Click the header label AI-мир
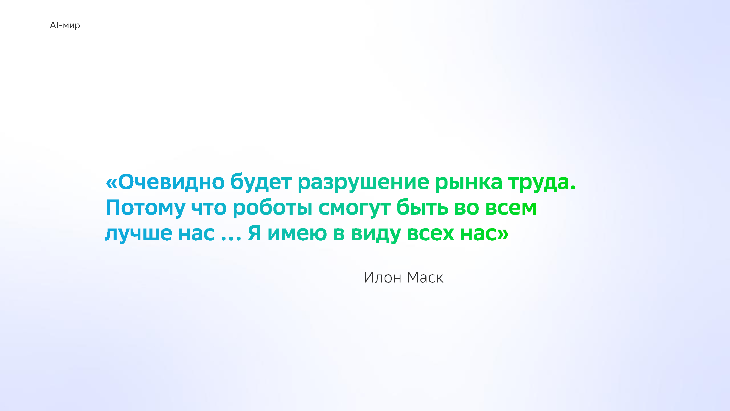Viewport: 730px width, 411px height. [65, 25]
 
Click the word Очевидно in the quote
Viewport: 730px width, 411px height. [171, 182]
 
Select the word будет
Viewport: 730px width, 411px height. [261, 182]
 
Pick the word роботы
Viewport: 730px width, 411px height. [273, 207]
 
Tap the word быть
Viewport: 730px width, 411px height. [422, 207]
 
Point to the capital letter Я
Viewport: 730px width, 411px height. [254, 233]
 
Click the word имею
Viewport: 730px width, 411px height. [297, 233]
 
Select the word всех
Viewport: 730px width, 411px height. [431, 233]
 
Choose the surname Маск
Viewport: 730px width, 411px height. [425, 277]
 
